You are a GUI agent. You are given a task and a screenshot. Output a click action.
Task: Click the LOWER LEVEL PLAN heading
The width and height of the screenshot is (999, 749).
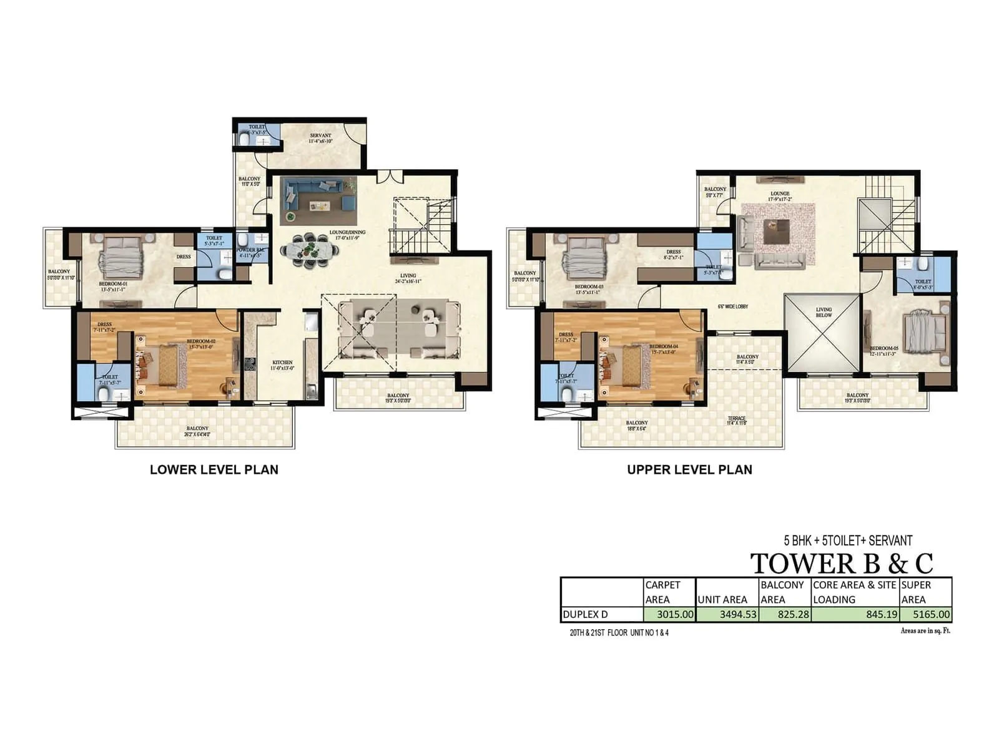tap(214, 469)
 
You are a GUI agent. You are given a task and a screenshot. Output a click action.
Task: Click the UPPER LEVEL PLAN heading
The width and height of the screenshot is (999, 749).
tap(689, 469)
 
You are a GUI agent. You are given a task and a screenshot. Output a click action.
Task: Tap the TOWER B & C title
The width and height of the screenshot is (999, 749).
tap(841, 563)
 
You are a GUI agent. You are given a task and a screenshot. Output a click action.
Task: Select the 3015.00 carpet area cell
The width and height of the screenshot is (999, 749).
tap(670, 614)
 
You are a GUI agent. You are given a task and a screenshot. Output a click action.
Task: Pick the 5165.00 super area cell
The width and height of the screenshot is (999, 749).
tap(926, 614)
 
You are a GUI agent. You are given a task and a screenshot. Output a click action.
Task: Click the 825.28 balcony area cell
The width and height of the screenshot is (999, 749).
tap(785, 614)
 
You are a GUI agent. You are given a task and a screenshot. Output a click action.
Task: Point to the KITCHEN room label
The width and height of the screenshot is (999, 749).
tap(282, 363)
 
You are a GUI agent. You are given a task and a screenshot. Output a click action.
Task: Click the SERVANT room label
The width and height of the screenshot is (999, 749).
tap(321, 135)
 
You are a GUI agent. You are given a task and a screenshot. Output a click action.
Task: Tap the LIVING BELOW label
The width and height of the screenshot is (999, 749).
tap(824, 312)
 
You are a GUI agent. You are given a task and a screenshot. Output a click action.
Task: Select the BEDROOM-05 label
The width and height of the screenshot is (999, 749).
tap(884, 348)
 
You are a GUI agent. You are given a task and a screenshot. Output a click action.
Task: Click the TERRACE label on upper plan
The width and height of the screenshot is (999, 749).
tap(737, 419)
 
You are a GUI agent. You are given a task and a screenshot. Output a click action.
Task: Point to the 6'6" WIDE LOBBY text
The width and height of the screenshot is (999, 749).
tap(733, 306)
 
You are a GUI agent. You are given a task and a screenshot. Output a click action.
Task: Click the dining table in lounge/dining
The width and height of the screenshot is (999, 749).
tap(310, 250)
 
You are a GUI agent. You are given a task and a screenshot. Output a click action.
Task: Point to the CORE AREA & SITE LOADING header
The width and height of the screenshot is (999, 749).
tap(854, 592)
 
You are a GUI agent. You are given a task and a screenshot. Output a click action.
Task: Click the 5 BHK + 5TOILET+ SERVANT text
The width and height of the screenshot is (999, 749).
tap(848, 541)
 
